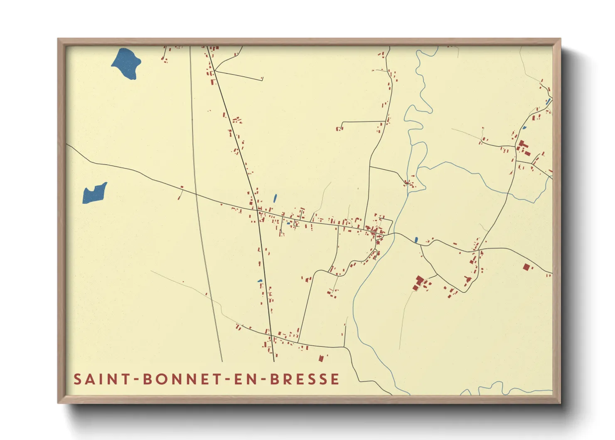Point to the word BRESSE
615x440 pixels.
point(305,379)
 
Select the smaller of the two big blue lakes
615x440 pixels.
point(95,193)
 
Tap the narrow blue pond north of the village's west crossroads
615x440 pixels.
point(275,198)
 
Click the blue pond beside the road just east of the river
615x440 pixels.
point(416,240)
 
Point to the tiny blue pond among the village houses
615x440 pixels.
point(288,223)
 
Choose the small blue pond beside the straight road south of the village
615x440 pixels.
point(260,281)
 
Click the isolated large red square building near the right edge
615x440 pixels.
point(527,267)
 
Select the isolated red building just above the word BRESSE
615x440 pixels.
point(321,358)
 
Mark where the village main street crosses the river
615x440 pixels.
point(392,234)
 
